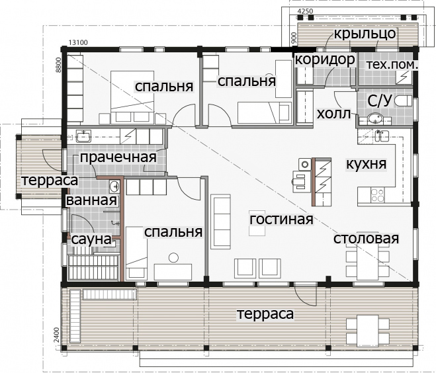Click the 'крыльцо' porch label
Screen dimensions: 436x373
(x=365, y=34)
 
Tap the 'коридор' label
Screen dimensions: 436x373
(x=325, y=59)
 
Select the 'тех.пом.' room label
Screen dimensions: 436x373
(x=392, y=65)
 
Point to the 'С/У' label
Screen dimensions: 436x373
(x=379, y=101)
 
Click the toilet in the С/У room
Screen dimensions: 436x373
(x=402, y=101)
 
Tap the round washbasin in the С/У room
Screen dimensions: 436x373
(x=375, y=118)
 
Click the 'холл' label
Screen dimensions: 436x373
(x=333, y=113)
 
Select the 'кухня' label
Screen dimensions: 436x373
(x=366, y=164)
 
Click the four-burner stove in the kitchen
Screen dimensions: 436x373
(x=377, y=195)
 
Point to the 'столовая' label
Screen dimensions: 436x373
(x=366, y=239)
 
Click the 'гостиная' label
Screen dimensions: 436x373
(x=281, y=220)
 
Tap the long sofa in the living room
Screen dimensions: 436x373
(x=220, y=222)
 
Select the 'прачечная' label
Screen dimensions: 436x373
(x=118, y=157)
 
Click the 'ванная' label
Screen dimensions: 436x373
(x=91, y=200)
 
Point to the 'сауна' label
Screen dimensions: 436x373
(x=91, y=239)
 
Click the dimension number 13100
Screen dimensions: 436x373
(x=78, y=42)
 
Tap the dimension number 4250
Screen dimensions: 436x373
(x=305, y=11)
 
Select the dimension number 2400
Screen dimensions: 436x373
(x=57, y=335)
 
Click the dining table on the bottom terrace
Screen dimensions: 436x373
(x=368, y=329)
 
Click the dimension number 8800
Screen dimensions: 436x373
(x=58, y=65)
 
